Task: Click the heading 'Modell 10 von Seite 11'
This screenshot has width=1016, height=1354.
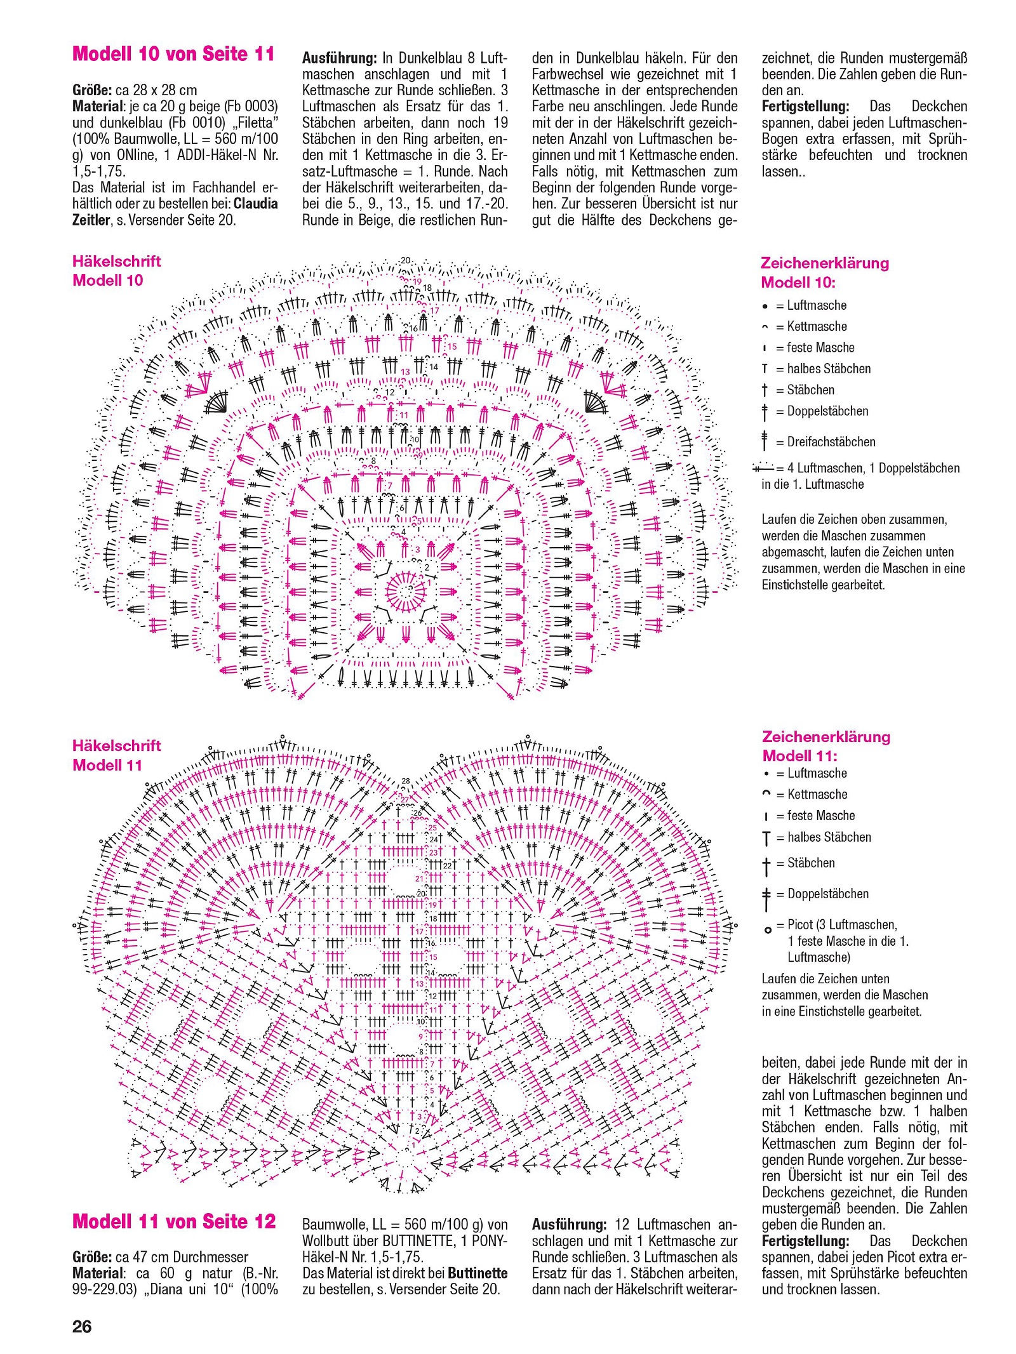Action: pos(173,53)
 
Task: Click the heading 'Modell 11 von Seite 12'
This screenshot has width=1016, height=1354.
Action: pos(174,1221)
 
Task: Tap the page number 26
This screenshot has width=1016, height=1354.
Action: pos(82,1326)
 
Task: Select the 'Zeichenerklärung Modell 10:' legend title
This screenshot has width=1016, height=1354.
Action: pos(824,272)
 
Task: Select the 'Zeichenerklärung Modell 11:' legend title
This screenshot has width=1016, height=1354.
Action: pos(825,746)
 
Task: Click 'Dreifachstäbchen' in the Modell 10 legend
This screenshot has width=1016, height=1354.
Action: pos(831,442)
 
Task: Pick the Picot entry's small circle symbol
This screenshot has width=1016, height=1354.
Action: pos(768,930)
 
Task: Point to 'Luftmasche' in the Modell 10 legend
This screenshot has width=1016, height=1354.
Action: pos(817,305)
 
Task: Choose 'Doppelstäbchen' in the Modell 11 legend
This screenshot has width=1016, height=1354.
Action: pos(828,894)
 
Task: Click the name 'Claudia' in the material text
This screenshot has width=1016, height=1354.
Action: pos(255,204)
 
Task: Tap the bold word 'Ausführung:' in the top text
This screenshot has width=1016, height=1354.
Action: pos(340,58)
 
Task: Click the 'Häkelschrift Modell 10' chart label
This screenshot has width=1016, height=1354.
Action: pos(116,270)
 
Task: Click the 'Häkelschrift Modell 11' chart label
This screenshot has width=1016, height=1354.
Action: pos(116,755)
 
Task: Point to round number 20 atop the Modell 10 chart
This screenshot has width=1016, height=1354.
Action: pos(406,260)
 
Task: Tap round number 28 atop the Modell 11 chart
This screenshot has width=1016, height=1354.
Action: pos(406,781)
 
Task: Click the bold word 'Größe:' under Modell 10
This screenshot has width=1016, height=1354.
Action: pos(92,90)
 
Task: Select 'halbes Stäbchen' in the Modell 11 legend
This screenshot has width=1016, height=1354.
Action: pos(829,837)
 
